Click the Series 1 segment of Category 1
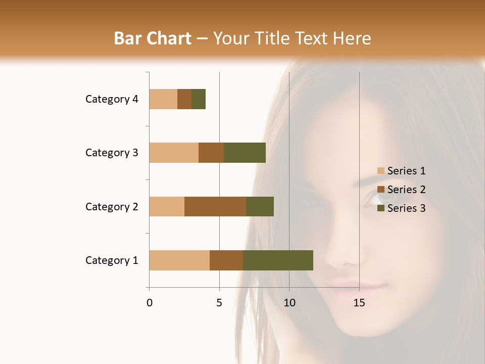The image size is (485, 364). click(x=179, y=260)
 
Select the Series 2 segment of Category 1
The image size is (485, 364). click(x=226, y=260)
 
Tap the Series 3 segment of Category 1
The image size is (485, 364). click(x=278, y=260)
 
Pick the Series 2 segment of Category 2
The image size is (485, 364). click(x=215, y=206)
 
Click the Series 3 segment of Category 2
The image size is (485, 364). click(x=260, y=206)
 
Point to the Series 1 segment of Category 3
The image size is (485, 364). click(x=174, y=152)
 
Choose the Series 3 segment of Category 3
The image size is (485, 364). click(x=245, y=152)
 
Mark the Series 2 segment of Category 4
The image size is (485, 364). click(x=184, y=99)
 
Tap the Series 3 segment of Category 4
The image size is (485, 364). click(x=199, y=99)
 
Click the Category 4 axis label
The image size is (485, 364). click(x=112, y=99)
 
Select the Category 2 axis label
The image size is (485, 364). click(x=112, y=207)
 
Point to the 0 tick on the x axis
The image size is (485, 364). click(x=150, y=303)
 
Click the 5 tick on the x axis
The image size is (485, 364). click(x=219, y=303)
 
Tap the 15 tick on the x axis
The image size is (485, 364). click(x=359, y=303)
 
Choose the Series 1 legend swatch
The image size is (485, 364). click(x=381, y=171)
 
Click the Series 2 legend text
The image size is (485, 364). click(x=406, y=190)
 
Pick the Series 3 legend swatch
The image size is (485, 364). click(x=381, y=208)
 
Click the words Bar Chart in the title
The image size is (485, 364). click(x=153, y=38)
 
